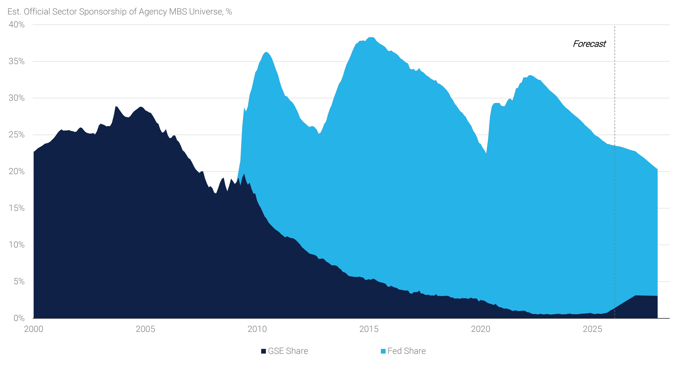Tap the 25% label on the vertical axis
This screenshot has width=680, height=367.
16,135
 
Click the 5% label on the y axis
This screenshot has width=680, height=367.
19,281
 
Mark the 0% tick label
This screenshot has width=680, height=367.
19,318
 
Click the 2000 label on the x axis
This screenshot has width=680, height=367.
34,329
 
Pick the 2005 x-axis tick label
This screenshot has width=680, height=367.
145,329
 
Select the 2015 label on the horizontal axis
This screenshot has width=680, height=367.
369,329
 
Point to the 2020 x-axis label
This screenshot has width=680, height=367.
480,329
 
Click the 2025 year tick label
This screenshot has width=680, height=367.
592,329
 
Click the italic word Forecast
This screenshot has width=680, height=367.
589,44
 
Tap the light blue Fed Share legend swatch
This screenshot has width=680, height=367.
383,351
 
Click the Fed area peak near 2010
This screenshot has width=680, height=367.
266,52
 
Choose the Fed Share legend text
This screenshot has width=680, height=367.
407,351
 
